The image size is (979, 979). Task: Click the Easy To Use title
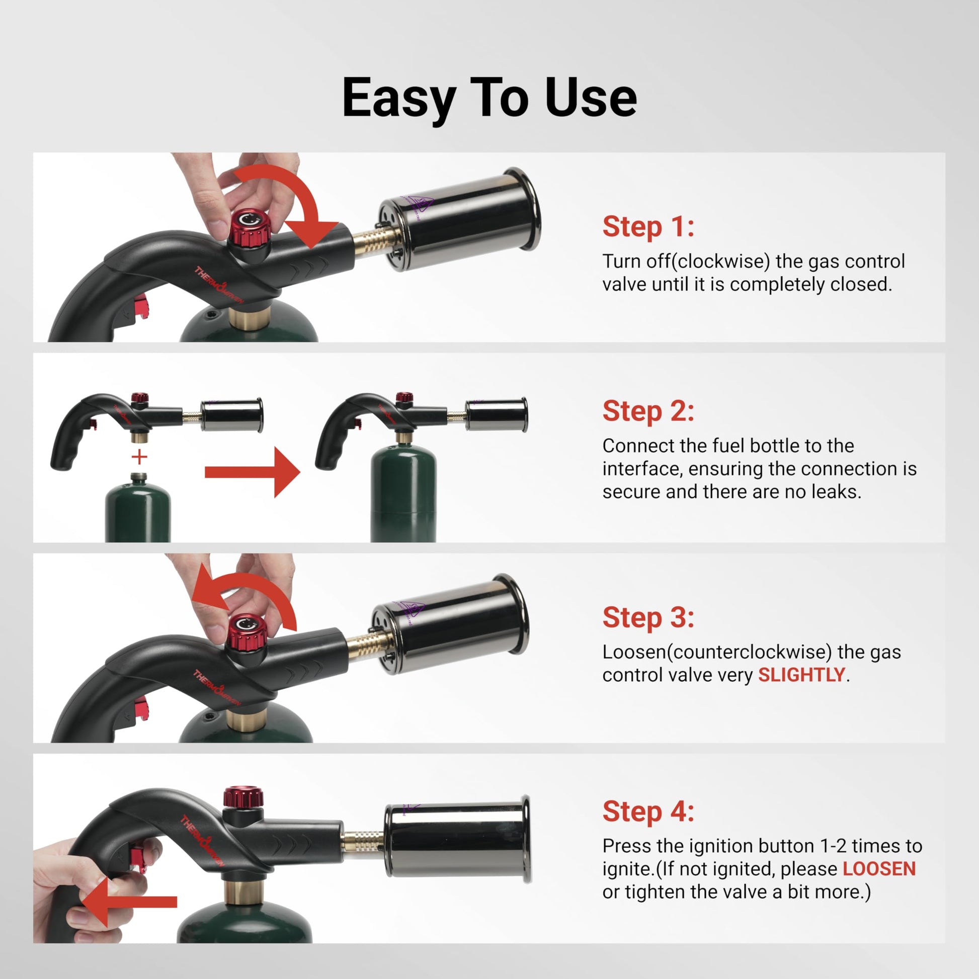[x=489, y=97]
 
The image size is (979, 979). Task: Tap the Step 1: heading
[x=647, y=226]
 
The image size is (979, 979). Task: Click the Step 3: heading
[x=647, y=617]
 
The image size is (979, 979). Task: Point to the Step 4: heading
[x=647, y=811]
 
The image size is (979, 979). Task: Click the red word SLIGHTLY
[x=801, y=675]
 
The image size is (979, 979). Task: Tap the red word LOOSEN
[x=879, y=868]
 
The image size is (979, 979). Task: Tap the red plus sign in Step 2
[x=139, y=457]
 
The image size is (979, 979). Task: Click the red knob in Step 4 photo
[x=243, y=797]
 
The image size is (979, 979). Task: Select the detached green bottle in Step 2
[x=138, y=512]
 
